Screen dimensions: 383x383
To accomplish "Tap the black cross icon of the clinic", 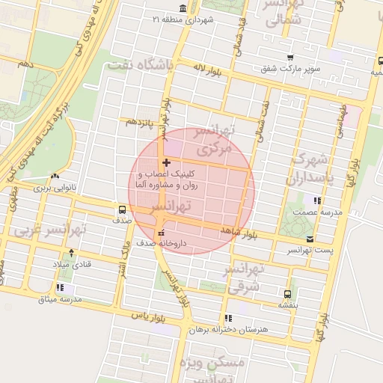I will tap(165, 162).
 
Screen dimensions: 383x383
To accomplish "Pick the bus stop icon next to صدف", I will tap(122, 209).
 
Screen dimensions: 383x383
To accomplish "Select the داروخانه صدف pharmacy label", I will tap(165, 243).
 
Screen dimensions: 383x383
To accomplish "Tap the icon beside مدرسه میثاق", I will tap(59, 287).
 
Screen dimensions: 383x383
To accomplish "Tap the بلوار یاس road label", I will tap(147, 316).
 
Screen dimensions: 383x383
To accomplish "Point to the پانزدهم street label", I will tap(139, 120).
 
